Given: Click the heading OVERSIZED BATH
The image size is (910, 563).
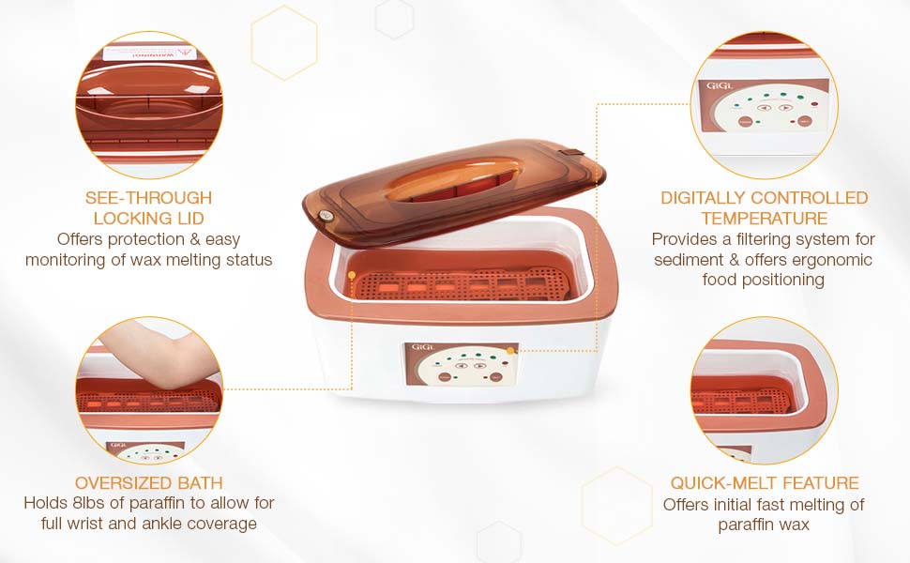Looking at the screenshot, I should point(148,483).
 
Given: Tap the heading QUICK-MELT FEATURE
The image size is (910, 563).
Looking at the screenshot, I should point(764,483).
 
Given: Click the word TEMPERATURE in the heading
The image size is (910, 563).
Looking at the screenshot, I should point(765,219).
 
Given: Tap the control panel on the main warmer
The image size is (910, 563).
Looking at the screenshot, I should point(460,365).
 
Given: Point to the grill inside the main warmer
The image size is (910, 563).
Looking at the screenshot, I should point(460,285).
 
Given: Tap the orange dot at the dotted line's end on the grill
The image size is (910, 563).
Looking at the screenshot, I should point(352,275).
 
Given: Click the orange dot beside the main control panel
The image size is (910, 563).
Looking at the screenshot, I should point(510,350).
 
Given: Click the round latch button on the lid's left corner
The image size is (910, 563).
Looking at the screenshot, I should point(326,215).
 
